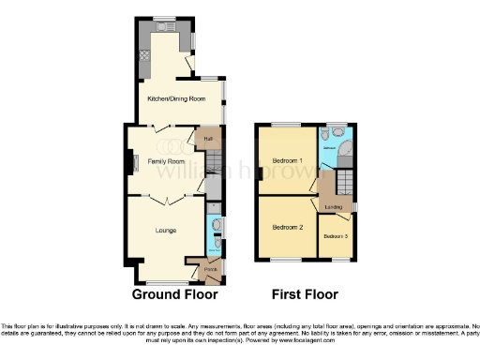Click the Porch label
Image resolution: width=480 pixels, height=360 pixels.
click(x=199, y=268)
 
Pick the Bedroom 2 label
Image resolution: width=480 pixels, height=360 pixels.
click(x=287, y=227)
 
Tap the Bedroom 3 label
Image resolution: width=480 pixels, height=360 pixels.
click(x=336, y=235)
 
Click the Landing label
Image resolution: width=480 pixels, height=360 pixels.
click(x=333, y=207)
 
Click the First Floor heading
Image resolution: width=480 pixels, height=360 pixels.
click(x=305, y=294)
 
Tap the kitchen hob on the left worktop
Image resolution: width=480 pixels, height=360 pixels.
click(x=147, y=55)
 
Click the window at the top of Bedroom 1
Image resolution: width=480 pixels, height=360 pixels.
click(x=286, y=125)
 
